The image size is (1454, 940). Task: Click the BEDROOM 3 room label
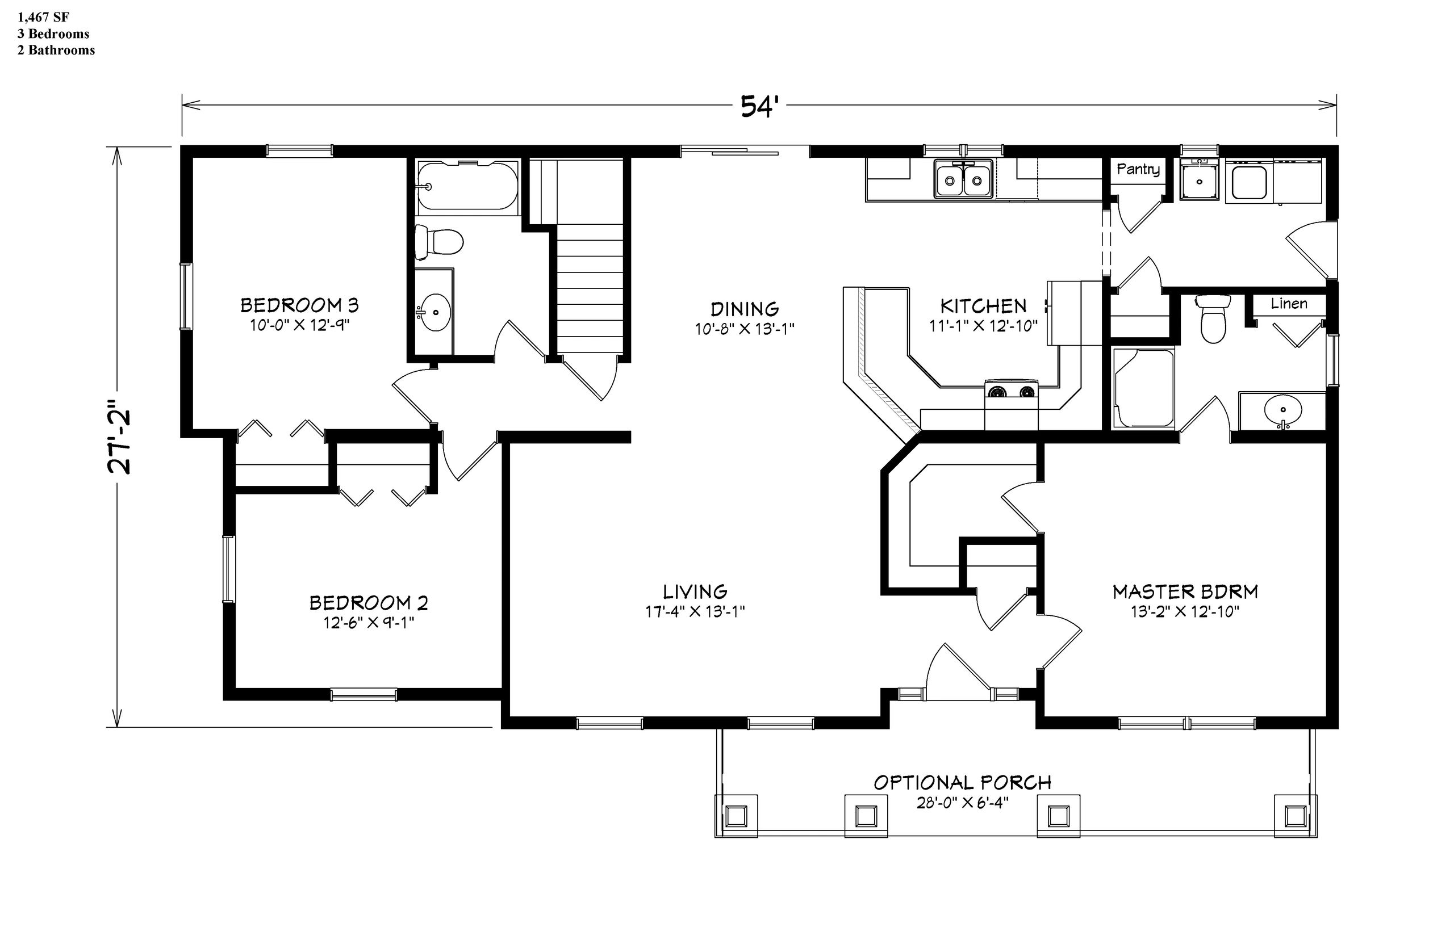299,305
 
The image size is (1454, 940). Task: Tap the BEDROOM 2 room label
369,603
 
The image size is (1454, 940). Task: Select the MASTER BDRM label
1185,591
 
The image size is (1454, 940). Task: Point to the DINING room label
745,309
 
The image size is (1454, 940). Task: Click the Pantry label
1138,169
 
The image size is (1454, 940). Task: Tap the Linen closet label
1289,303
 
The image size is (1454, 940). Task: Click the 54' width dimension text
758,106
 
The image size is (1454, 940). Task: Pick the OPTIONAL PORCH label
962,783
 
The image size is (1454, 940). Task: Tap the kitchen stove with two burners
1011,391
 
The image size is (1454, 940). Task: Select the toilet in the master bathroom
1213,318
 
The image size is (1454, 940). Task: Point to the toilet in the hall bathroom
438,242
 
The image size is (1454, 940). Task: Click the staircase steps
590,287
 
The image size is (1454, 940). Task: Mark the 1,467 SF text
43,17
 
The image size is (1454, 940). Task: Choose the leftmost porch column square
736,815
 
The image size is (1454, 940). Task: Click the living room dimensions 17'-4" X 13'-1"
695,611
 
